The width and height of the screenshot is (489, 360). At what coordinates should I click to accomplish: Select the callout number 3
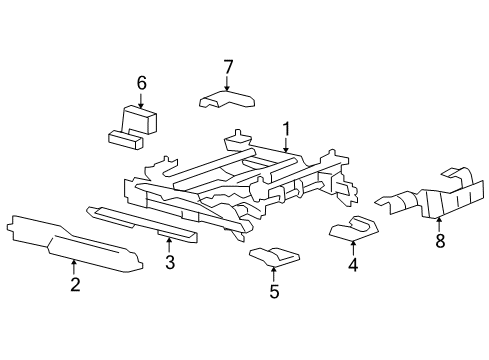pos(170,263)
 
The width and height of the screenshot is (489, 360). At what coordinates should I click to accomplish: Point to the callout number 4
pos(352,265)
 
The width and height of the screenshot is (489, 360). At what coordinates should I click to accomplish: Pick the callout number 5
pos(274,293)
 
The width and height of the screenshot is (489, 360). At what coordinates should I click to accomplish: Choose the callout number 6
pos(141,83)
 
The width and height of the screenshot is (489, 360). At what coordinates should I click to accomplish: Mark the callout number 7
pos(228,67)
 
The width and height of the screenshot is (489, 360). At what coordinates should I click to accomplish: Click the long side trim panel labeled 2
pos(70,243)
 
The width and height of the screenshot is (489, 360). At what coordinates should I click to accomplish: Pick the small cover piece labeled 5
pos(273,257)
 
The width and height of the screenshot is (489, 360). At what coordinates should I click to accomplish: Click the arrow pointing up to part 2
pos(74,267)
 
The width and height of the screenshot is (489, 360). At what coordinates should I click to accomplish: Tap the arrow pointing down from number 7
pos(228,83)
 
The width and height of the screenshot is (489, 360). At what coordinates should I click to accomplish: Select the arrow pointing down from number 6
pos(141,99)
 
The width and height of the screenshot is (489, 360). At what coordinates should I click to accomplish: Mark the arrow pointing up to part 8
pos(438,221)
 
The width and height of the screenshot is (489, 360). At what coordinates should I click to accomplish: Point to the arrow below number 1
pos(285,146)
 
